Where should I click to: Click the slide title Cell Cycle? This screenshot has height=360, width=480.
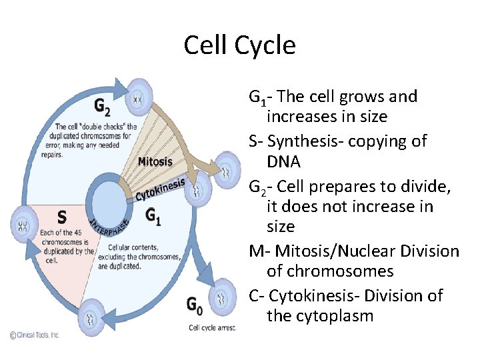(x=239, y=45)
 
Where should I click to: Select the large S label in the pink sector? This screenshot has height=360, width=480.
(x=61, y=218)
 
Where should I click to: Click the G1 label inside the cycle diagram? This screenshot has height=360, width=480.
(x=153, y=217)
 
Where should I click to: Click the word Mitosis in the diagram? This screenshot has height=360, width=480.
(x=155, y=161)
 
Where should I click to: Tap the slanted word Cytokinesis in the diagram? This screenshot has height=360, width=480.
(x=160, y=187)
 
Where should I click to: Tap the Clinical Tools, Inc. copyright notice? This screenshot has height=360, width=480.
(x=34, y=335)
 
